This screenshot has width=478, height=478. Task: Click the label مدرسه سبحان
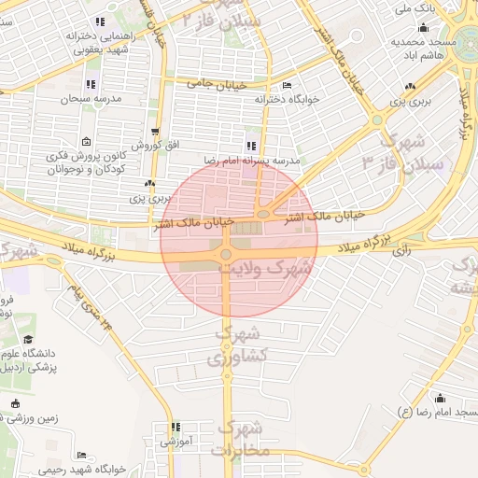click(x=92, y=98)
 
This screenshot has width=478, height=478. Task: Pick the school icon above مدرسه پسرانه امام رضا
click(x=251, y=146)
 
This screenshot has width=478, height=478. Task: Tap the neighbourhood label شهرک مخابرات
click(x=241, y=439)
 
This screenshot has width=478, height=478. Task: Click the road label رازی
click(x=401, y=250)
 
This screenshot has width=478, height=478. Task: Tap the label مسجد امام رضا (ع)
click(x=438, y=412)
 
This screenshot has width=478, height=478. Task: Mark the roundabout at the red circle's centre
click(x=225, y=254)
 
